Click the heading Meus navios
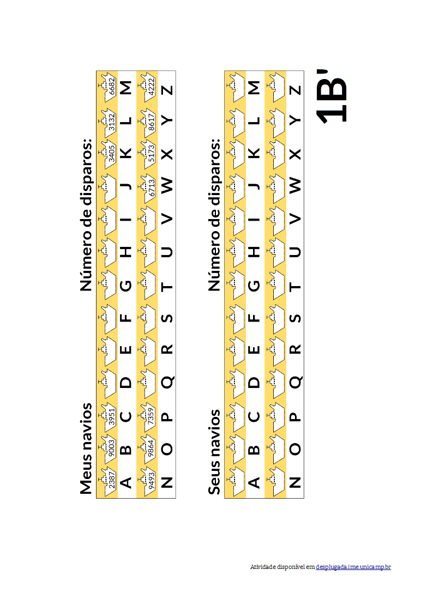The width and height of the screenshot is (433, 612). click(86, 449)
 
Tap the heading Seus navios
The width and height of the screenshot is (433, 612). click(214, 452)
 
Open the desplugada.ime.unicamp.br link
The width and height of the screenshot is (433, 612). click(353, 567)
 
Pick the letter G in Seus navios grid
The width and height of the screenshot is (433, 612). click(254, 286)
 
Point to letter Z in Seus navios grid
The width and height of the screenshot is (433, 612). click(296, 90)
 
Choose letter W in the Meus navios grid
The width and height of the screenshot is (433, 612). click(167, 185)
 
